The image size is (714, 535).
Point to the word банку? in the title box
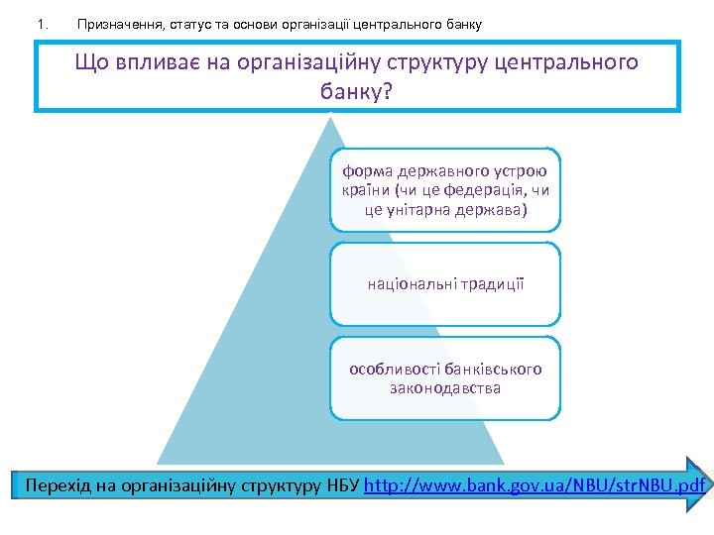tap(357, 92)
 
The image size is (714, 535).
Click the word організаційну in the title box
tap(309, 63)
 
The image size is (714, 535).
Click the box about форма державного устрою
tap(445, 190)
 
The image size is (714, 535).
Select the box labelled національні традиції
tap(445, 284)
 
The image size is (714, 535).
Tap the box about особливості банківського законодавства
tap(445, 377)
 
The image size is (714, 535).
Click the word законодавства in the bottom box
tap(445, 388)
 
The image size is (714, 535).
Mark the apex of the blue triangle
tap(331, 117)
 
